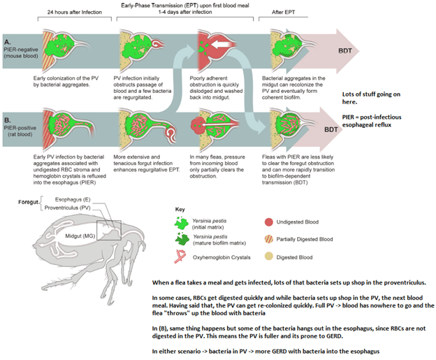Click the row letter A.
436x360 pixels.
click(x=6, y=41)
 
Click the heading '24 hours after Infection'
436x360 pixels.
click(x=73, y=13)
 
